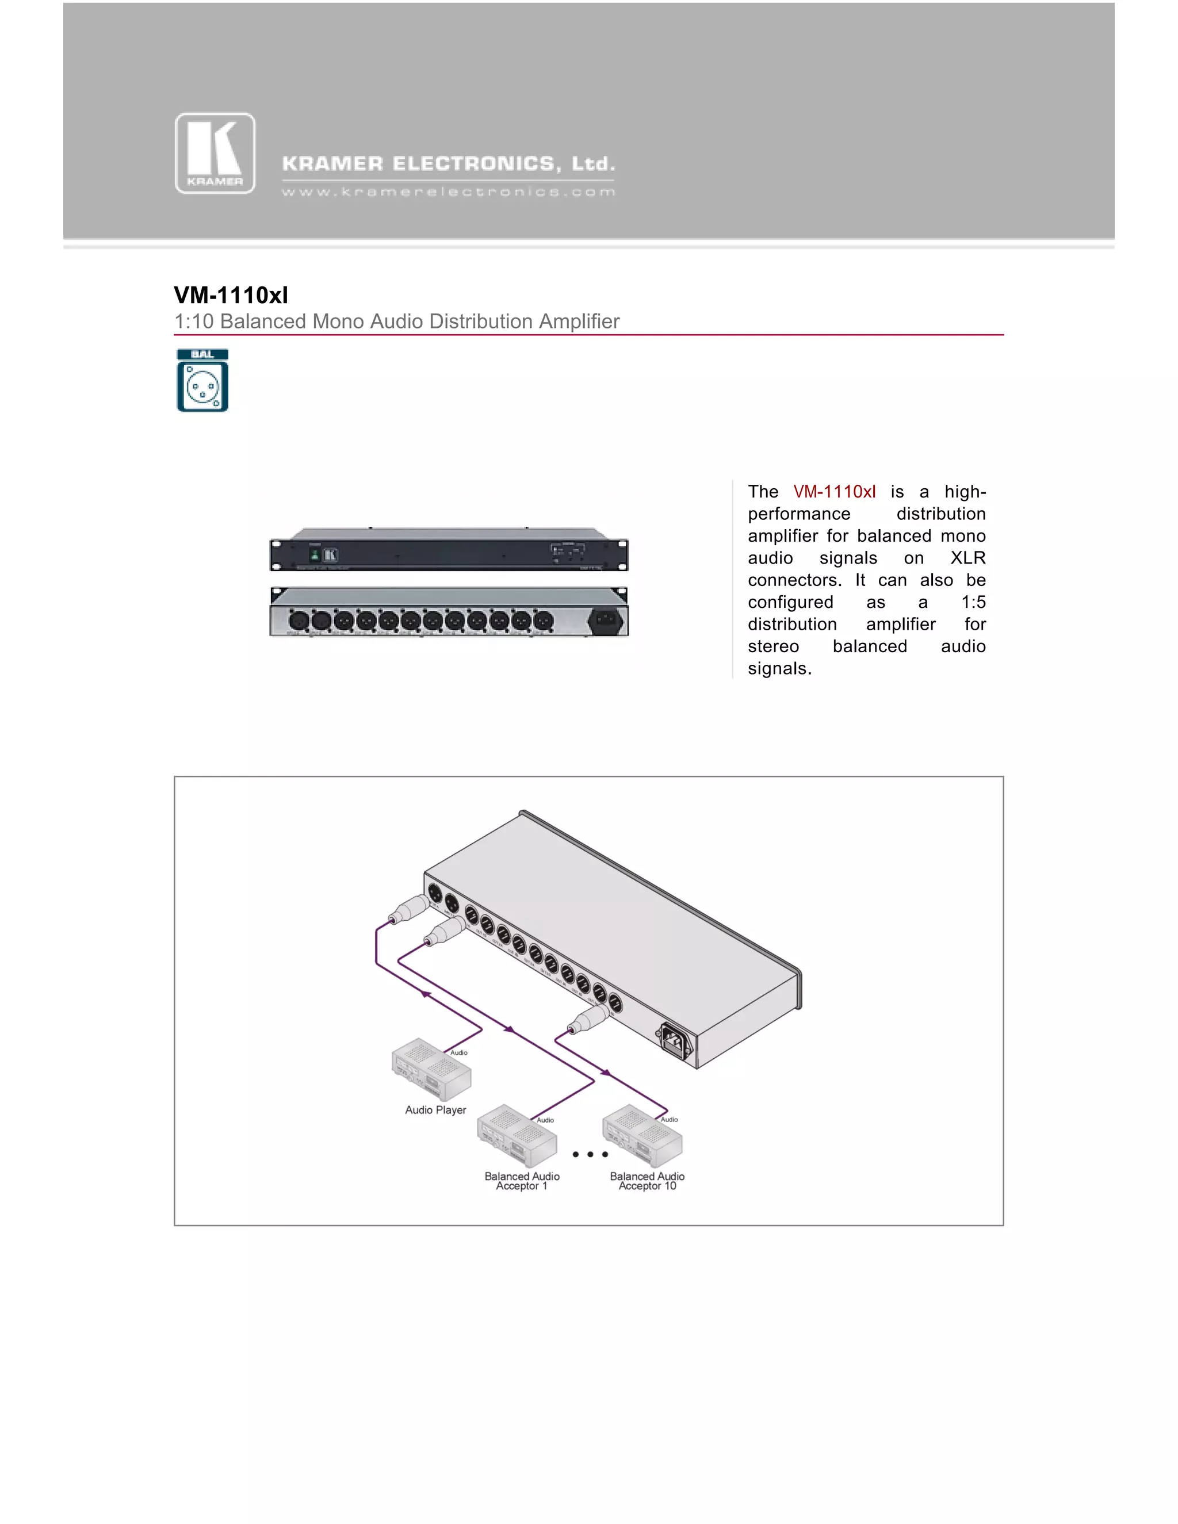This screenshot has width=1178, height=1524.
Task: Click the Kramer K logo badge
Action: pos(215,153)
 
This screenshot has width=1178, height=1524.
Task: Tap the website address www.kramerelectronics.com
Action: pos(448,192)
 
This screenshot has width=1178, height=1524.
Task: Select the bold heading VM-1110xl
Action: pos(231,295)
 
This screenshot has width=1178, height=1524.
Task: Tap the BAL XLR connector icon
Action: pos(202,380)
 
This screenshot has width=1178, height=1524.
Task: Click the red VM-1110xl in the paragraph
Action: pos(834,491)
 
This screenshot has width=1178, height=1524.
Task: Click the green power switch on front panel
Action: pos(315,555)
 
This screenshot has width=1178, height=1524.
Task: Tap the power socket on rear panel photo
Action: pos(605,621)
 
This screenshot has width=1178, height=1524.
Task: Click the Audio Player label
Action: pos(435,1109)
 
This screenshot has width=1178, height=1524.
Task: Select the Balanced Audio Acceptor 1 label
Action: pos(522,1181)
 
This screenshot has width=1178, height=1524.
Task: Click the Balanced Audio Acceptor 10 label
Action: pos(647,1181)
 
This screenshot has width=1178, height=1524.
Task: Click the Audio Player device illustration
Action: pos(431,1070)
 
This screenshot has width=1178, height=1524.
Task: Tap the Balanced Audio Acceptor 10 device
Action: pos(642,1135)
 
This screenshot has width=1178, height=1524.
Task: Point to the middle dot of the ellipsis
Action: pos(590,1154)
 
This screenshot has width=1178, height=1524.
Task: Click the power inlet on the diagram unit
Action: pos(674,1040)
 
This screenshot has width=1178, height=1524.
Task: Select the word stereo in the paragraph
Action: pos(773,646)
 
